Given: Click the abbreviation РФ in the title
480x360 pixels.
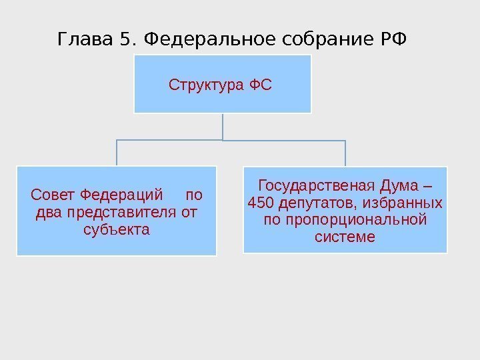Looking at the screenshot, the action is [389, 40].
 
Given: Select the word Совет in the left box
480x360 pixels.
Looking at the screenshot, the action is [53, 196].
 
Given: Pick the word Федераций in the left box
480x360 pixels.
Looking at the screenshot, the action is [121, 196].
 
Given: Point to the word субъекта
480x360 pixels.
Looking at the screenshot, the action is [116, 230].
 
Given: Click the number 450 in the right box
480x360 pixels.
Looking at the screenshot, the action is [259, 202].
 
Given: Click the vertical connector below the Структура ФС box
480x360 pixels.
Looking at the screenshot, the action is [222, 127].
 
